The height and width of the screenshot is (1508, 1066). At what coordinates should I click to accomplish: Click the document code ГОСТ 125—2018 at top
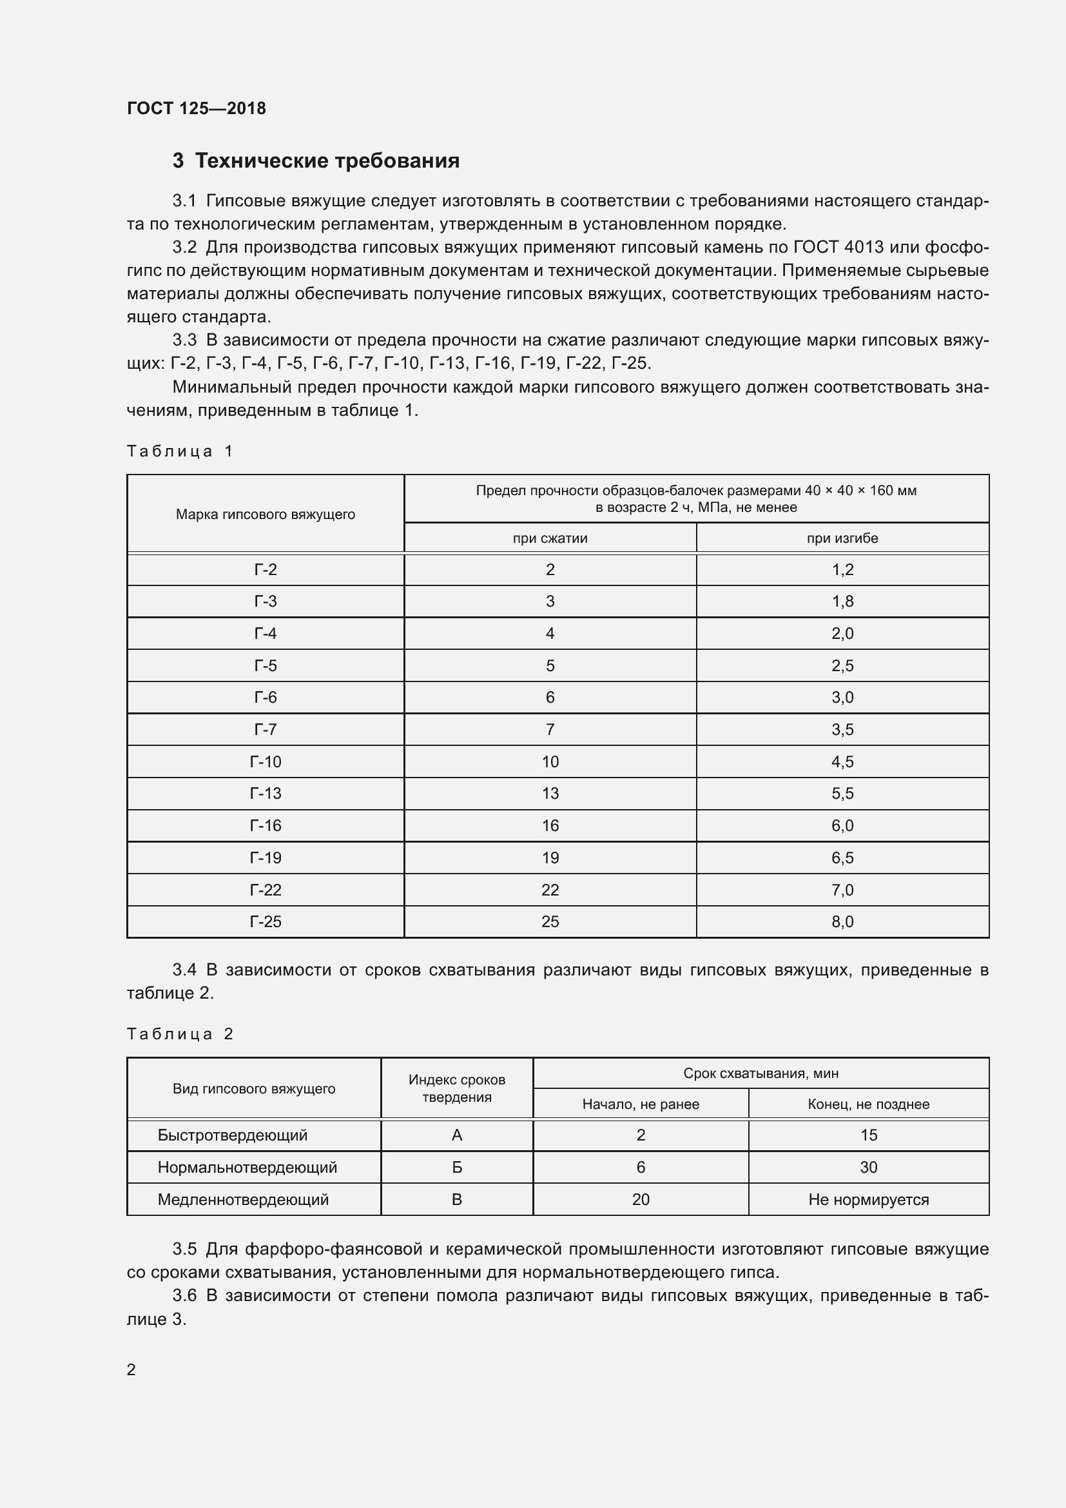click(197, 108)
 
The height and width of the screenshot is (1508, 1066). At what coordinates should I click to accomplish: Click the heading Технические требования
click(327, 161)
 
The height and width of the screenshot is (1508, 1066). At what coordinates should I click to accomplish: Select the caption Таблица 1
click(180, 451)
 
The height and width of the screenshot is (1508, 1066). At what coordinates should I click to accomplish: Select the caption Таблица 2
click(180, 1033)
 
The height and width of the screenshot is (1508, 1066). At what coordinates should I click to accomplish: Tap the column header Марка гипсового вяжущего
click(265, 514)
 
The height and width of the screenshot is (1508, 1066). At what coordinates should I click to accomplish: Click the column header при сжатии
click(549, 538)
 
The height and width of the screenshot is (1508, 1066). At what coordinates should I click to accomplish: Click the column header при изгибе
click(842, 538)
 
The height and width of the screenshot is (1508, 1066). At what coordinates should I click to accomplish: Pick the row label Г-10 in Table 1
click(265, 762)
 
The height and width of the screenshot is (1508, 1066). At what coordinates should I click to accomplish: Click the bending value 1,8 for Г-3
click(842, 602)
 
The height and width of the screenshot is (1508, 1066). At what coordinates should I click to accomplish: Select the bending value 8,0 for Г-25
click(842, 921)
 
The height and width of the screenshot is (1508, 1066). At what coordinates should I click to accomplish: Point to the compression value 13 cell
click(549, 794)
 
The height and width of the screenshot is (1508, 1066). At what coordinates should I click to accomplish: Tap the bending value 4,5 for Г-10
click(842, 762)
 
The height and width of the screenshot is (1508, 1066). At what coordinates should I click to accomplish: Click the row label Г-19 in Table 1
click(265, 857)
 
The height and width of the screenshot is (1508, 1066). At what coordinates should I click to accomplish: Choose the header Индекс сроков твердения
click(457, 1088)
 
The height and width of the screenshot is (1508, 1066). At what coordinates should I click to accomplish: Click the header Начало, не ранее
click(641, 1104)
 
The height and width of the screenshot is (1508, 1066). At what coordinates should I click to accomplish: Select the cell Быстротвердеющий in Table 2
click(233, 1135)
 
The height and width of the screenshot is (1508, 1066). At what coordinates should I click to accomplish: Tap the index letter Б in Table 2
click(457, 1167)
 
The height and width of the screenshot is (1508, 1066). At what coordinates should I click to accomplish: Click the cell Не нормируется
click(868, 1199)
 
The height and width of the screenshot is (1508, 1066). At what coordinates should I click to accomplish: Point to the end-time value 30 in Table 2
click(868, 1167)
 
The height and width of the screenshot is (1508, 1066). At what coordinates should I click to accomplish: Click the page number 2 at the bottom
click(131, 1369)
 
